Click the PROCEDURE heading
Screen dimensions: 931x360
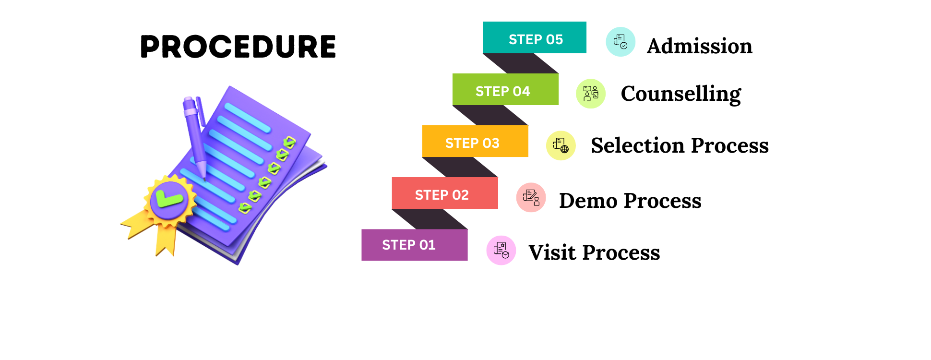tap(238, 47)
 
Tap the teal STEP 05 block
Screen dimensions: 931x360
tap(535, 37)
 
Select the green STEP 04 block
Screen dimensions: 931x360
tap(505, 89)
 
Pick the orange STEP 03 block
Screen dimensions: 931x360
tap(475, 141)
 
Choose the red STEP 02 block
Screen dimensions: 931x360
tap(445, 193)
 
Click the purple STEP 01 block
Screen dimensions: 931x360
tap(415, 245)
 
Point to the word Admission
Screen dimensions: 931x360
tap(700, 46)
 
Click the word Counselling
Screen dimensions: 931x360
tap(681, 94)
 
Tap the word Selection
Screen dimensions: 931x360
tap(638, 145)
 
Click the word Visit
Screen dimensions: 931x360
tap(552, 252)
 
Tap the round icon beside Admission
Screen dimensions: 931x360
tap(621, 42)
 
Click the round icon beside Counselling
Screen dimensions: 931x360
tap(591, 94)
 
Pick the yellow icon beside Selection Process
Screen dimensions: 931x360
tap(561, 145)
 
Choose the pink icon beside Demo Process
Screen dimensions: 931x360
tap(531, 197)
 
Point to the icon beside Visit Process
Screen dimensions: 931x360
tap(501, 250)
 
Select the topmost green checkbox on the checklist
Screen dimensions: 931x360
tap(289, 142)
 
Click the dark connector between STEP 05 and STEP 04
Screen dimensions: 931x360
tap(521, 63)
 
